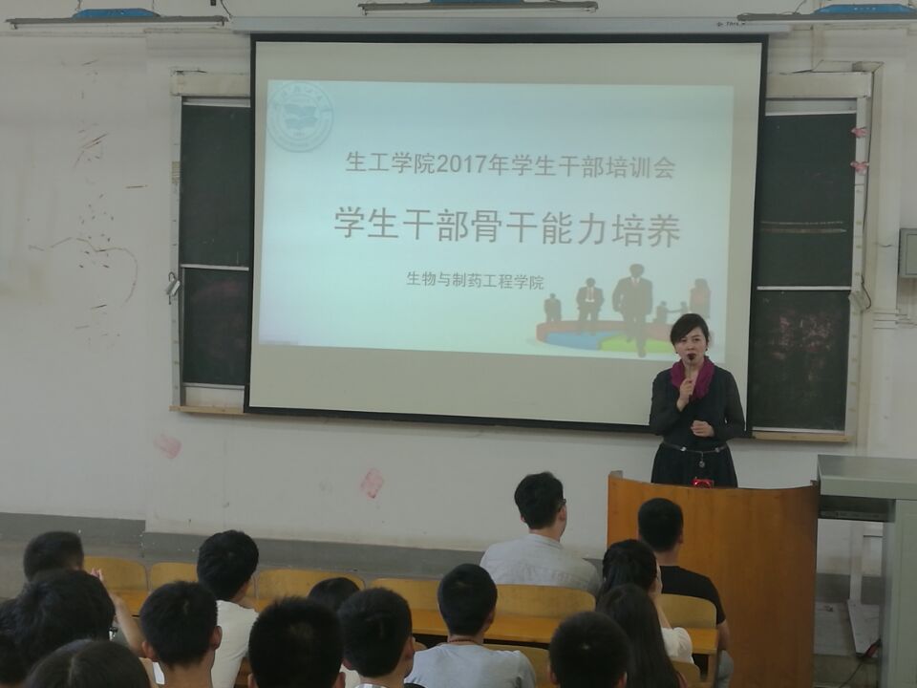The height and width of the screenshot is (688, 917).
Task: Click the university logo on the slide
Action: pyautogui.click(x=300, y=116)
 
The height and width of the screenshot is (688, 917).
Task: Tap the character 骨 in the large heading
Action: pyautogui.click(x=479, y=226)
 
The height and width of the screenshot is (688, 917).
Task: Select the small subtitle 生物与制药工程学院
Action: pyautogui.click(x=475, y=281)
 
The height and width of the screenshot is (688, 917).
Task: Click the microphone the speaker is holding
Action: pyautogui.click(x=690, y=366)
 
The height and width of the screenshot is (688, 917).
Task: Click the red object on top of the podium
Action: pyautogui.click(x=703, y=483)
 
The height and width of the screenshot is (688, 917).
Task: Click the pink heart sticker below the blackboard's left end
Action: pyautogui.click(x=168, y=446)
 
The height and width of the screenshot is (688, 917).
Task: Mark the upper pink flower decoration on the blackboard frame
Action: pyautogui.click(x=859, y=132)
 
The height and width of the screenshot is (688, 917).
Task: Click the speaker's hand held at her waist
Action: pyautogui.click(x=702, y=430)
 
